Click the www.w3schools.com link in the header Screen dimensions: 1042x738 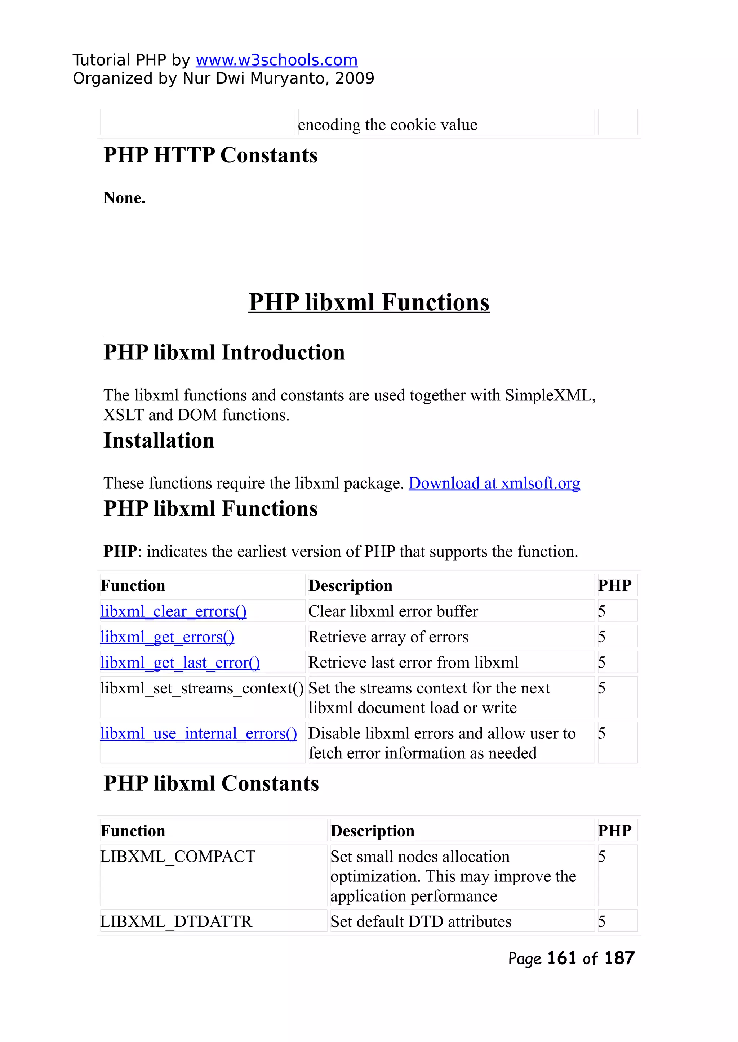(276, 60)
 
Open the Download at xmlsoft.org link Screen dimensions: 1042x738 (494, 483)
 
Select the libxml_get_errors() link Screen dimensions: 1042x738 (167, 637)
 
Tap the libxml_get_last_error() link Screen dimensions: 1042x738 (180, 663)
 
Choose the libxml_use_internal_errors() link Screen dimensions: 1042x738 (198, 734)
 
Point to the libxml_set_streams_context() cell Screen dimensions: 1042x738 (201, 688)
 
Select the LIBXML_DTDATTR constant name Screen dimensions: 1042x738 (176, 922)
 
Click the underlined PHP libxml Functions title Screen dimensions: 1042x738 (369, 302)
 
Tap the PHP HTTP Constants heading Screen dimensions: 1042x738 (210, 155)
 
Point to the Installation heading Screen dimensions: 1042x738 (159, 440)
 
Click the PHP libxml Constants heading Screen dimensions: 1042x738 (211, 783)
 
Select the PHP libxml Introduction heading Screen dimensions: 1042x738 (224, 353)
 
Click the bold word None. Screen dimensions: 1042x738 (124, 198)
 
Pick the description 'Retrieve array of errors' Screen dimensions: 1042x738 (388, 637)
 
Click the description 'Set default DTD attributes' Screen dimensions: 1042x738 (421, 922)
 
